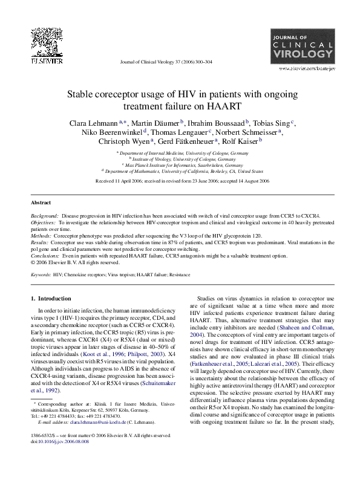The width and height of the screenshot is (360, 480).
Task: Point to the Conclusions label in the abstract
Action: pos(45,256)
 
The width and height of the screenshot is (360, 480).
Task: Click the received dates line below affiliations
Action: pos(180,180)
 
